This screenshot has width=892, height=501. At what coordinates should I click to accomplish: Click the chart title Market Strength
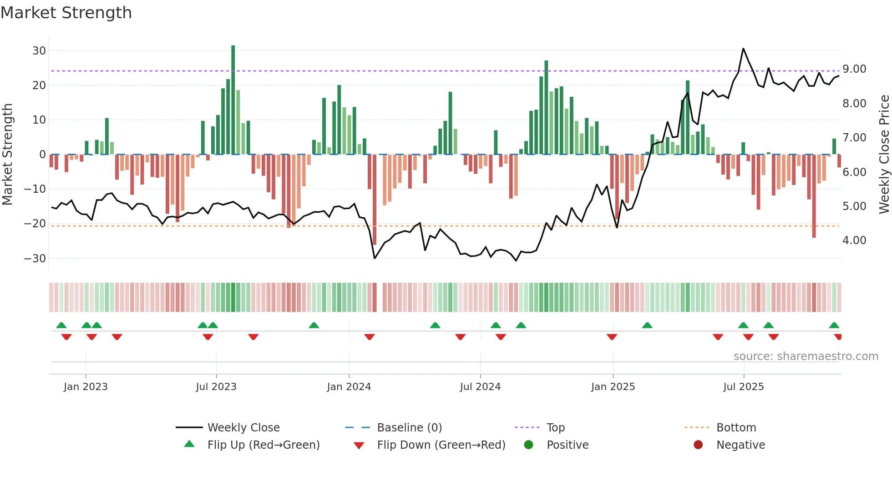tap(66, 13)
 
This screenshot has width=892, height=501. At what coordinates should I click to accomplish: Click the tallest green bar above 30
tap(233, 100)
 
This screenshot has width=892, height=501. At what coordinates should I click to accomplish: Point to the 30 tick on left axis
tap(39, 51)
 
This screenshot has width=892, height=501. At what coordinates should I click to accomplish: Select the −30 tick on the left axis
tap(35, 259)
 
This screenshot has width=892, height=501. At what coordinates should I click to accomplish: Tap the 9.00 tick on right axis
tap(854, 69)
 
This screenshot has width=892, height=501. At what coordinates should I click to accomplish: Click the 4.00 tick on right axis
tap(854, 240)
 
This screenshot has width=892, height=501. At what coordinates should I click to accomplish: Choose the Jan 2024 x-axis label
tap(349, 387)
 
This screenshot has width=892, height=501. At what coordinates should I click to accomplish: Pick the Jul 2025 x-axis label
tap(743, 387)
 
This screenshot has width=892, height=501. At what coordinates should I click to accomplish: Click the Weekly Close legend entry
tap(243, 428)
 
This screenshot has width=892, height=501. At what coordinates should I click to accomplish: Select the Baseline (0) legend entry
tap(409, 428)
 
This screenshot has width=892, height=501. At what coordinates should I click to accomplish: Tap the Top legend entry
tap(555, 428)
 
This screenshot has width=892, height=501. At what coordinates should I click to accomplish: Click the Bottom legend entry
tap(736, 428)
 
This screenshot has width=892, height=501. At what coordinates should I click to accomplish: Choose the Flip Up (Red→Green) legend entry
tap(263, 445)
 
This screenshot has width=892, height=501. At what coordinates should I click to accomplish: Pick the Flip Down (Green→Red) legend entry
tap(441, 445)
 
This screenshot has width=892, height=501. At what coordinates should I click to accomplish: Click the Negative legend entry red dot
tap(698, 445)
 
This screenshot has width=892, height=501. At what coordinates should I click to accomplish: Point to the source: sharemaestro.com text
tap(806, 356)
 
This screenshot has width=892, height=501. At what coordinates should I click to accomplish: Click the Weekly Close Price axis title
tap(884, 155)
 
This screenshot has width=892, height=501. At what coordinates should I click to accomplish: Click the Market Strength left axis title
tap(8, 155)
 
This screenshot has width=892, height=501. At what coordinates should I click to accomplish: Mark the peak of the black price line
tap(743, 49)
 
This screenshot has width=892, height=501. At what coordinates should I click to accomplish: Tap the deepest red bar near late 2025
tap(814, 195)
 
